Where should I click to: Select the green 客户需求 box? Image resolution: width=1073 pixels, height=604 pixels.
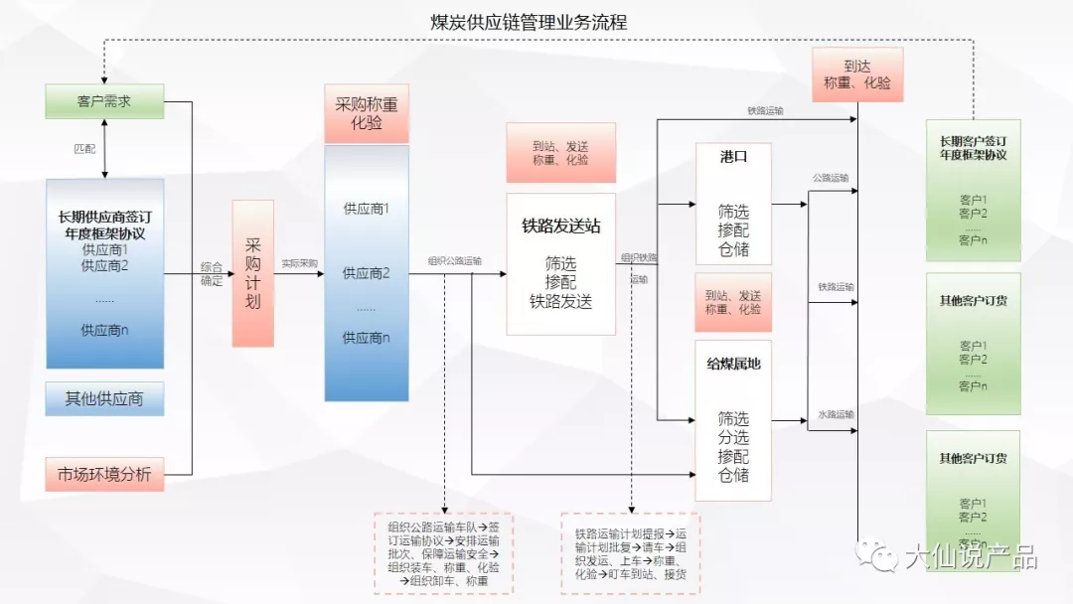coord(104,101)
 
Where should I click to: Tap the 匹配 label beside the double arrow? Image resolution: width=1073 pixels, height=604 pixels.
coord(85,149)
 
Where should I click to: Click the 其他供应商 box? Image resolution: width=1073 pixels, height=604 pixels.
coord(104,398)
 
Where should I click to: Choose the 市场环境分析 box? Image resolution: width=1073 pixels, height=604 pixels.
coord(104,475)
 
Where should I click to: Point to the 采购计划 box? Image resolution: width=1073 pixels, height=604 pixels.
coord(252,273)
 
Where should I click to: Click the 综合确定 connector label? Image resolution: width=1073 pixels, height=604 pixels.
coord(211,273)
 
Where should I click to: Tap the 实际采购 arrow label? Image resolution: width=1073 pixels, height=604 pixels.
coord(299,263)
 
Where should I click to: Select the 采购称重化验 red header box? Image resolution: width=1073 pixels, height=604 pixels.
coord(366,114)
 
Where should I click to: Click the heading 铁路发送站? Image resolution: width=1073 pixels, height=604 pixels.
coord(561,226)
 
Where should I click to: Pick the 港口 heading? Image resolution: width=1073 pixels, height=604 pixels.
coord(733,157)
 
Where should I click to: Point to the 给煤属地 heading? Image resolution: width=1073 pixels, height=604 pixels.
coord(733,364)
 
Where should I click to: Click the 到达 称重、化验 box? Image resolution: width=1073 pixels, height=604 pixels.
coord(857,75)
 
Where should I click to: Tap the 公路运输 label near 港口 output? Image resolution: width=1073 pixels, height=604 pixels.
coord(831,178)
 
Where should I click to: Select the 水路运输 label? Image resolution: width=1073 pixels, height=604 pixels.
coord(836,413)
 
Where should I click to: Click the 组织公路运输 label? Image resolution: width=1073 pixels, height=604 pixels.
coord(454,261)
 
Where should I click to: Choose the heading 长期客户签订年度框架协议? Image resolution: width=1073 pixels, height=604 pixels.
coord(973,147)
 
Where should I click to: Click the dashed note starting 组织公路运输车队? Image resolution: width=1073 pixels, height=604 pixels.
coord(443,553)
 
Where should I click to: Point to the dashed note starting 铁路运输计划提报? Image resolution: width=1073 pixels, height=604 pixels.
coord(630,553)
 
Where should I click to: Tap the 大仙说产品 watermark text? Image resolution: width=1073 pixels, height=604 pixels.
coord(970,556)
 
